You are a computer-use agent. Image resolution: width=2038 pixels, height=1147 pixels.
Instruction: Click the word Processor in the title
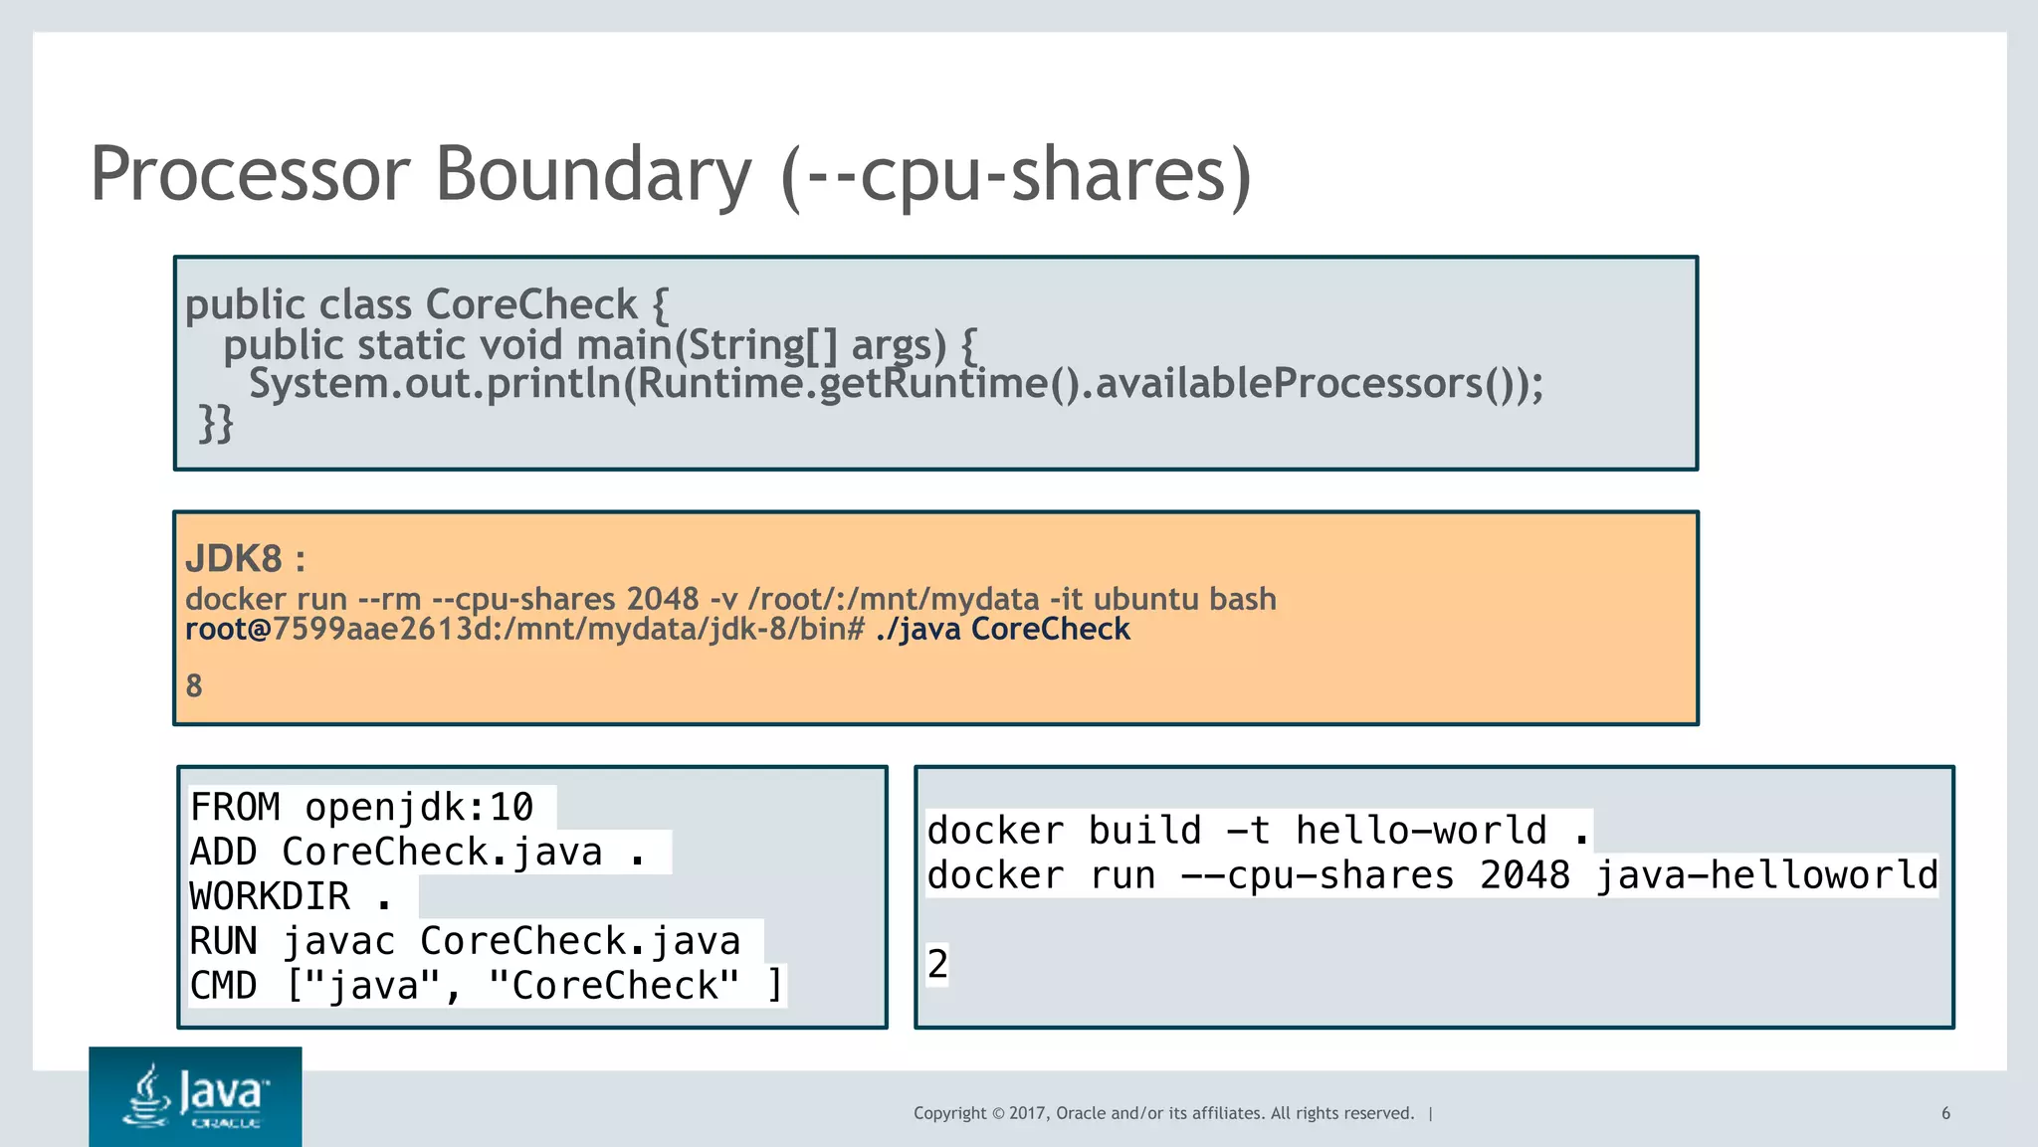pyautogui.click(x=250, y=174)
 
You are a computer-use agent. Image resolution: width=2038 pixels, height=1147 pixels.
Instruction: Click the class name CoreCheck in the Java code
pyautogui.click(x=530, y=304)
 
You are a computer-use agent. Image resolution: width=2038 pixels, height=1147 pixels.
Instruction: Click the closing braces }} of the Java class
pyautogui.click(x=216, y=423)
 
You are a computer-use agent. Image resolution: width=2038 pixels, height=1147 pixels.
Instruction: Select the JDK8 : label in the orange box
pyautogui.click(x=245, y=559)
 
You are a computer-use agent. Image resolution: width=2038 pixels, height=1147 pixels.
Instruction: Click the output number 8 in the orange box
pyautogui.click(x=194, y=685)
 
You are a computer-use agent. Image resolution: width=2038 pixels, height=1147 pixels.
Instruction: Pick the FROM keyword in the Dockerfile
pyautogui.click(x=235, y=807)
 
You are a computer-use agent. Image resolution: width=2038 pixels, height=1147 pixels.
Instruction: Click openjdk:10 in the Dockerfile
pyautogui.click(x=419, y=807)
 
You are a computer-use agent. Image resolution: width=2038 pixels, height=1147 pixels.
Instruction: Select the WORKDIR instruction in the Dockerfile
pyautogui.click(x=270, y=896)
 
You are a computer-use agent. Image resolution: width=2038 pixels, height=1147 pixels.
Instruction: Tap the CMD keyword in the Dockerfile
pyautogui.click(x=223, y=986)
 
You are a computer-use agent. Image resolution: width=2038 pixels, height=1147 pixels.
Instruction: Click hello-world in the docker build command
pyautogui.click(x=1420, y=830)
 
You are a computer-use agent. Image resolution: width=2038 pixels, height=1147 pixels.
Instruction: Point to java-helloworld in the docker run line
pyautogui.click(x=1767, y=875)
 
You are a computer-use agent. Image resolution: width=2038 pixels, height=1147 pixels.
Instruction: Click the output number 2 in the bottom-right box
pyautogui.click(x=937, y=964)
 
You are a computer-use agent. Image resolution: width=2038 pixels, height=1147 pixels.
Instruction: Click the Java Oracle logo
pyautogui.click(x=195, y=1096)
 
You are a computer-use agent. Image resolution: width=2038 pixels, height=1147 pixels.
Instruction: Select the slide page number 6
pyautogui.click(x=1945, y=1113)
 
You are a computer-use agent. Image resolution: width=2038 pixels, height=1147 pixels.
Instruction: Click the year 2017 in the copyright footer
pyautogui.click(x=1027, y=1113)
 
